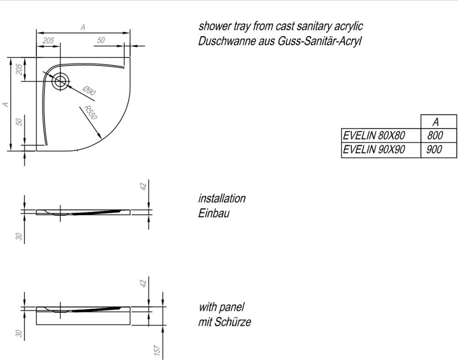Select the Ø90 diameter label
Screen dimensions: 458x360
89,91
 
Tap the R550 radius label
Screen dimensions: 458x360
90,113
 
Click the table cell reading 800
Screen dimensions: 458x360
435,136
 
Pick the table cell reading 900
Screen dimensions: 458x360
434,150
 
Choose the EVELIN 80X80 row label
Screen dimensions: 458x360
374,136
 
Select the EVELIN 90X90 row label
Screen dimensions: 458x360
374,150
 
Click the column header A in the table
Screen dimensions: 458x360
436,121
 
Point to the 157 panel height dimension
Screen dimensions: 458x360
157,350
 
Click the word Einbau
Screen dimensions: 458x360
213,213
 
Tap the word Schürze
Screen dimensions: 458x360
233,322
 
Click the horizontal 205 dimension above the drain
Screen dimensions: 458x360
48,41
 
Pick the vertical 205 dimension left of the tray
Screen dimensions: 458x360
19,69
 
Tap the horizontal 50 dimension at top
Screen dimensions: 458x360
101,40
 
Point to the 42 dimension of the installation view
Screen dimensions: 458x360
143,186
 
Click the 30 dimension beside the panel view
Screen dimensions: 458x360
19,333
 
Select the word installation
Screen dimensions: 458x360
222,199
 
